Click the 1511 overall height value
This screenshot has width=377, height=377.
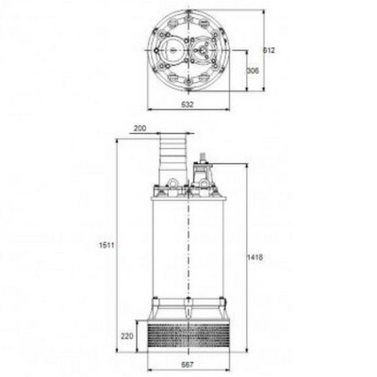(x=107, y=246)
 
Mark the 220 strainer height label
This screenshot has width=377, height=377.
(x=126, y=333)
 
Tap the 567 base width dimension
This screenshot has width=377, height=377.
(x=188, y=364)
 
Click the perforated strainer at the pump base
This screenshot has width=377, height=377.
(x=188, y=335)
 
